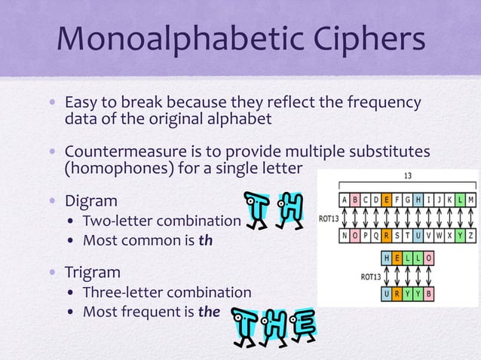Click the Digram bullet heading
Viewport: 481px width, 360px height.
click(91, 202)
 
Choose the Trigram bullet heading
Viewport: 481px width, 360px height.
click(94, 272)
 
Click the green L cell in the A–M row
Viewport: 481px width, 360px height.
click(459, 200)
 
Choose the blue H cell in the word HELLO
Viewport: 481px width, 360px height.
click(387, 258)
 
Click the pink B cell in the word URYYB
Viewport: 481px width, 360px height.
click(428, 293)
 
